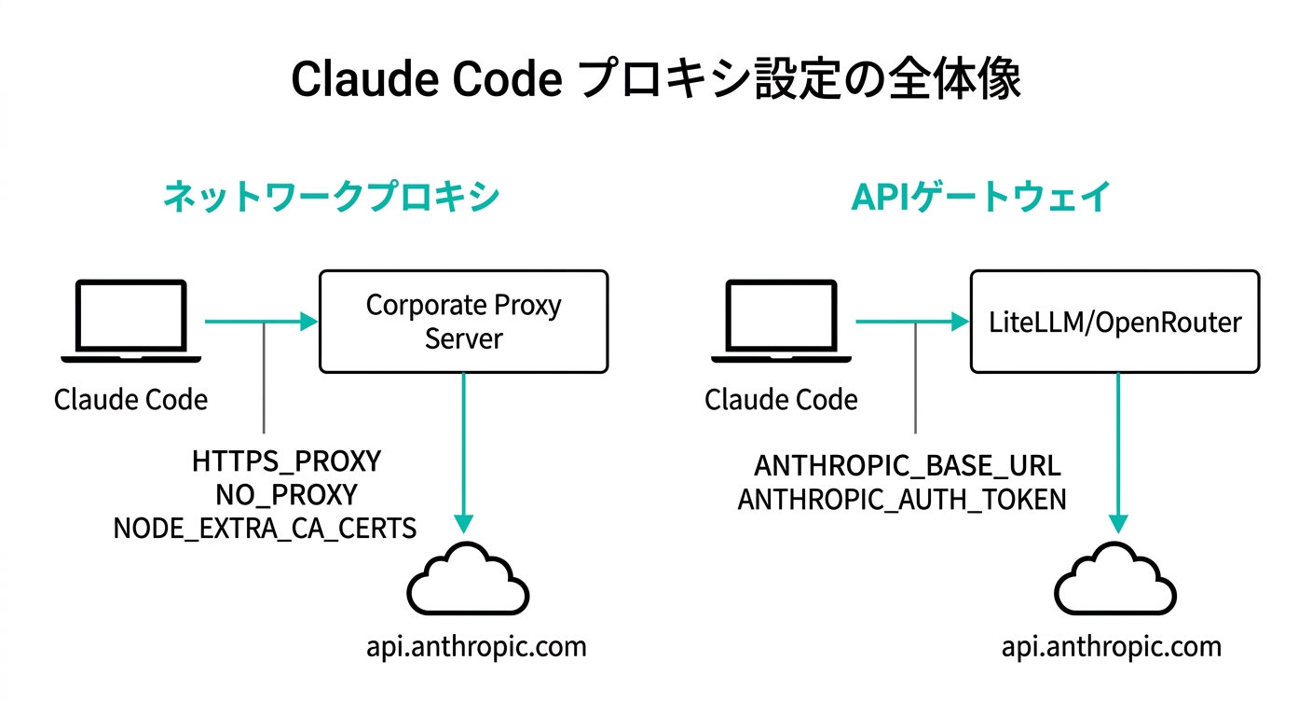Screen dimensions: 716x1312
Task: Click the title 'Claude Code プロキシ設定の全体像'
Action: [655, 80]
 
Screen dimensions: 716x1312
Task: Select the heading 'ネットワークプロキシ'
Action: [331, 198]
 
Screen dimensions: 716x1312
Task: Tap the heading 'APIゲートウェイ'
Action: [980, 198]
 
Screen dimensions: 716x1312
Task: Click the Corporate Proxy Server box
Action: [463, 322]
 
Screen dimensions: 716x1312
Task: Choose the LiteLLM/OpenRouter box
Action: [1114, 323]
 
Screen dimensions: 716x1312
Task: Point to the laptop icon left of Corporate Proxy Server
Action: [130, 322]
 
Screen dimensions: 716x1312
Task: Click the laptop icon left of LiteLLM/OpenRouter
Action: [781, 322]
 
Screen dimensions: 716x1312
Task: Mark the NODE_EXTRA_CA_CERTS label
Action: [265, 529]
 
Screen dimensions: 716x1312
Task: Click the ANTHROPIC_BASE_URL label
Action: [907, 465]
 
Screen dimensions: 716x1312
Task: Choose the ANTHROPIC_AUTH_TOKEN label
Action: [901, 499]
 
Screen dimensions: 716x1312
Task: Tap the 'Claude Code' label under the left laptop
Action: [130, 400]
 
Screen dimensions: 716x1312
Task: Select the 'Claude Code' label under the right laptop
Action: [781, 400]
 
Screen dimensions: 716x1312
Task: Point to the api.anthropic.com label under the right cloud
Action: [1111, 646]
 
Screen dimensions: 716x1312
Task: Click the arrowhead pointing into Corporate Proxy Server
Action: [308, 323]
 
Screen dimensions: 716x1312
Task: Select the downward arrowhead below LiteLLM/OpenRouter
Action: [1118, 524]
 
